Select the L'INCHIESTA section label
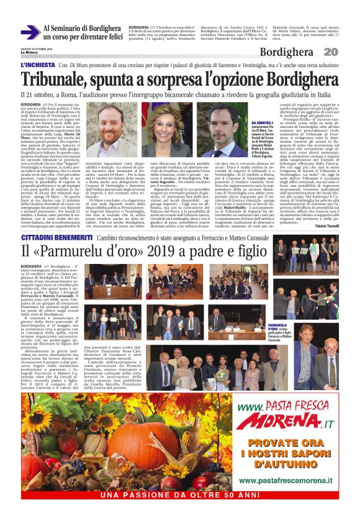[38, 65]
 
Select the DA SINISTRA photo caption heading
[263, 123]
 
